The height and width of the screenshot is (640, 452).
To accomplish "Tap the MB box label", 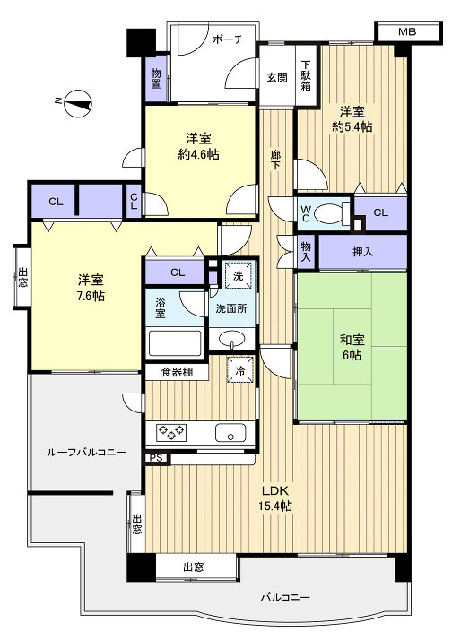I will tap(407, 31).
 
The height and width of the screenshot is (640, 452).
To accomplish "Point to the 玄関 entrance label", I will tap(276, 77).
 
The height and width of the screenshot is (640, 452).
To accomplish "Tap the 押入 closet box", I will tap(362, 252).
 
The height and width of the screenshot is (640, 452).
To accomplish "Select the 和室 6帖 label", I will tap(352, 347).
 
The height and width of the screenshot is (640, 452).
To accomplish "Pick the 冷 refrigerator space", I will tap(240, 369).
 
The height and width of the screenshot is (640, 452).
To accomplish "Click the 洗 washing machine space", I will tap(238, 277).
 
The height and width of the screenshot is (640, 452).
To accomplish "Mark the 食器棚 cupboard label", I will tap(177, 370).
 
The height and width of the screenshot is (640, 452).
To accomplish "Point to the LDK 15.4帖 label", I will tap(275, 498).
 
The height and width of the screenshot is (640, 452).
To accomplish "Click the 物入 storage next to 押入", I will tap(306, 252).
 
